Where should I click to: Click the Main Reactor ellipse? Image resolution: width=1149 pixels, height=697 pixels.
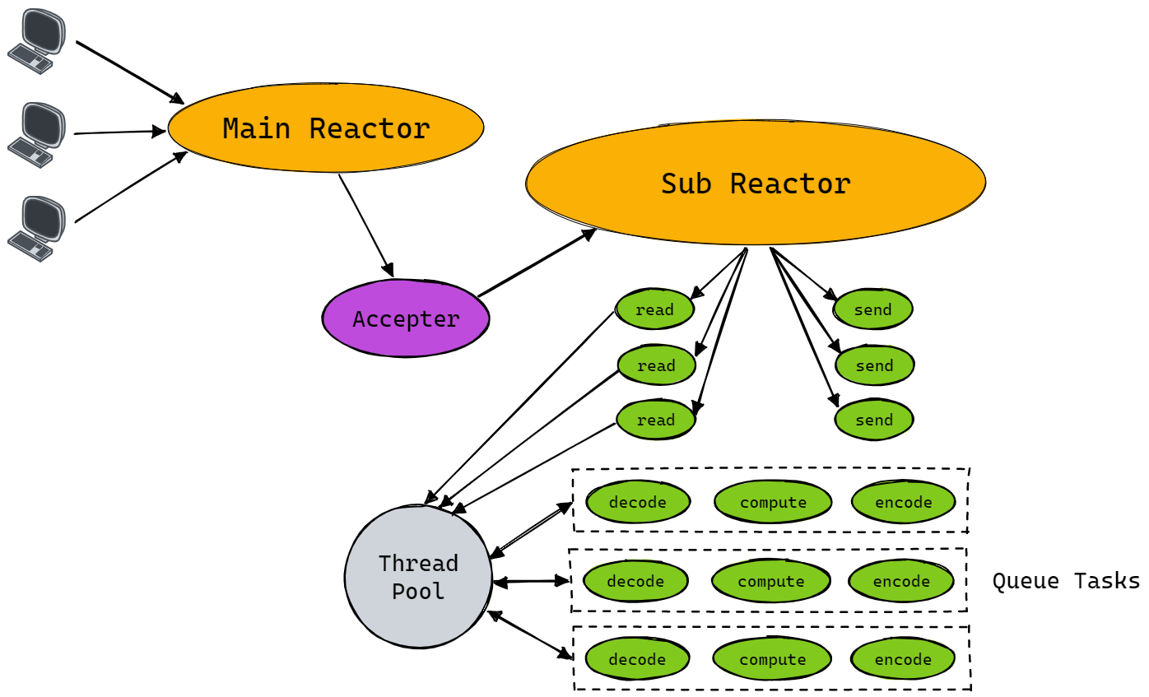tap(326, 128)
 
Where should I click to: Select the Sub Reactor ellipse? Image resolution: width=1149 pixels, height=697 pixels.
tap(756, 183)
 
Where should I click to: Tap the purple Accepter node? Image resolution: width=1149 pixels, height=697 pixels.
tap(406, 318)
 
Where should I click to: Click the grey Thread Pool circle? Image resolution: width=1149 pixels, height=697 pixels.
tap(418, 577)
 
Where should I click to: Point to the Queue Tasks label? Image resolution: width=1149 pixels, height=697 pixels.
tap(1065, 581)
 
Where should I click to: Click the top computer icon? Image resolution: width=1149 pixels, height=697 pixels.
tap(37, 41)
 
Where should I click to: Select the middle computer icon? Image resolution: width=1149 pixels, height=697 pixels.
tap(37, 134)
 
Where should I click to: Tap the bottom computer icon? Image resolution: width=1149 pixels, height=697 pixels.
tap(37, 228)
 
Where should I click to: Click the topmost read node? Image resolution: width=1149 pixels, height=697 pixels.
tap(655, 309)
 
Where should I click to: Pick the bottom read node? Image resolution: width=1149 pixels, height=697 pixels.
tap(656, 420)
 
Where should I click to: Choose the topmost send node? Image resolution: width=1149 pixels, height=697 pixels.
tap(873, 309)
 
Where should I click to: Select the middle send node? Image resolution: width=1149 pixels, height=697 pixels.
tap(874, 365)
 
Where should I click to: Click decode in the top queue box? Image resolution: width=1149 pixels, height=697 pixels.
tap(638, 502)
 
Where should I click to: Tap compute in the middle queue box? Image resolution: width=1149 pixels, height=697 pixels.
tap(771, 581)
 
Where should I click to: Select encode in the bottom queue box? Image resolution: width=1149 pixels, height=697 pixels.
tap(903, 659)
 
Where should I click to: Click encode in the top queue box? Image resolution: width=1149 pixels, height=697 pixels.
tap(904, 502)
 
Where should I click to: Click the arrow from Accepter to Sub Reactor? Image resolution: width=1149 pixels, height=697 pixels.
tap(537, 263)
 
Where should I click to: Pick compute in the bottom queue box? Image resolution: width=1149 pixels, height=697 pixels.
tap(773, 659)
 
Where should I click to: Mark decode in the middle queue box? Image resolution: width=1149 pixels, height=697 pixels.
tap(635, 581)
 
